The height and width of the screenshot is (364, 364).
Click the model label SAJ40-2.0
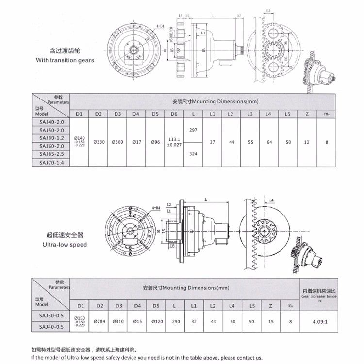(51, 123)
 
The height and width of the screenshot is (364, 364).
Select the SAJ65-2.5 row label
(51, 154)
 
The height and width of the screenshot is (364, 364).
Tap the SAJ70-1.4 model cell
(51, 162)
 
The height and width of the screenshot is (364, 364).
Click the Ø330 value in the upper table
(98, 142)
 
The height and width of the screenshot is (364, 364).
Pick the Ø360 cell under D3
(117, 142)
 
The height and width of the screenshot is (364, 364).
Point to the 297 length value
(194, 130)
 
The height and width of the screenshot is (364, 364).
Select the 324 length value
(194, 154)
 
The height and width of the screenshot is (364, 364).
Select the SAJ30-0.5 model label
(51, 315)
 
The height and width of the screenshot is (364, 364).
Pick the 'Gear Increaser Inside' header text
(318, 295)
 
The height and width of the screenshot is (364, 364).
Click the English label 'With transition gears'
(65, 61)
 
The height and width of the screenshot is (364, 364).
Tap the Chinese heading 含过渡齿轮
(63, 51)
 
